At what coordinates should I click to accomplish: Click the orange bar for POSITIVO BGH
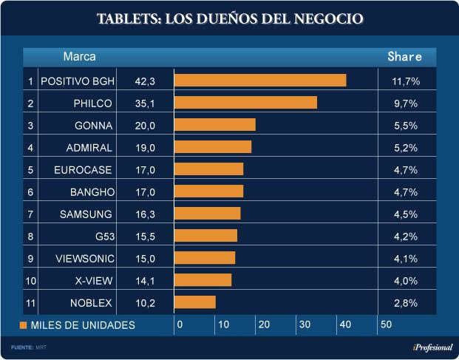260,81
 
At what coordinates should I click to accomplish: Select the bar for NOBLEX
195,302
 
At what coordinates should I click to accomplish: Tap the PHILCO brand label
93,103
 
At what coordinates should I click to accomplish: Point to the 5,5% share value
405,126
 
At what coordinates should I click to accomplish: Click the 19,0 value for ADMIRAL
146,148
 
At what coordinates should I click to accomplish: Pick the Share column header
405,56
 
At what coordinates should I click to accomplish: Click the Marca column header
79,56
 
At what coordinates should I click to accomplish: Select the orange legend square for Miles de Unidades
24,325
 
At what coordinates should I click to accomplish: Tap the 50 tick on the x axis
385,325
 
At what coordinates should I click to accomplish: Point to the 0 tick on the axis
179,325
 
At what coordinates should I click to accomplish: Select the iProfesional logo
432,347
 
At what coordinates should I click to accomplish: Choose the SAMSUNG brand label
86,214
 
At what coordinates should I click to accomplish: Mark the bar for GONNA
215,125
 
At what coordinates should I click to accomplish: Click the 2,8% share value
405,302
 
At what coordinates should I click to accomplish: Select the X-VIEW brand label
94,280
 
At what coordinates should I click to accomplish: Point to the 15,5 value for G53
146,236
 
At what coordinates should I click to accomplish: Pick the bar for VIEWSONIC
205,258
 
